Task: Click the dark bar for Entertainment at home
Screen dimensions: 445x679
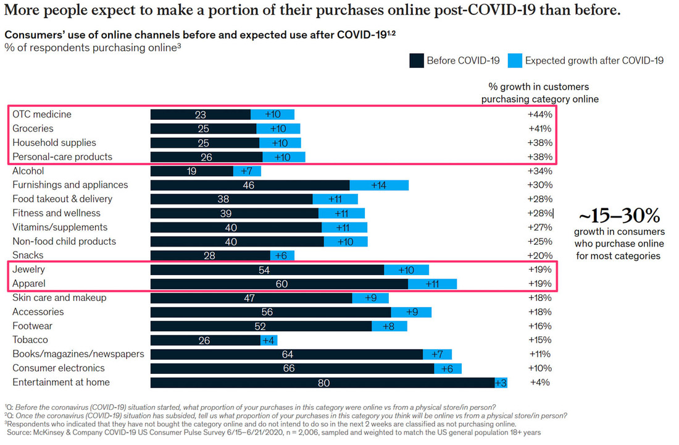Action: point(322,383)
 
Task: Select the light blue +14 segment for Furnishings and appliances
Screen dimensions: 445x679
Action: point(379,185)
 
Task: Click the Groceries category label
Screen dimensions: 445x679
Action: point(33,129)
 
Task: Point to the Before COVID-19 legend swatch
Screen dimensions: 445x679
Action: point(416,61)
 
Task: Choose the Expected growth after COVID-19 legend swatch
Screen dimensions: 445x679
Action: point(515,61)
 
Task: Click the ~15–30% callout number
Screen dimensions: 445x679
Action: point(619,216)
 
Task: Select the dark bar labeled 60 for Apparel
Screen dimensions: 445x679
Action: point(279,284)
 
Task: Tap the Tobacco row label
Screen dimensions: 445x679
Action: point(30,340)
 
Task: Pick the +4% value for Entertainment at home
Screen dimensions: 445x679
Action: point(540,383)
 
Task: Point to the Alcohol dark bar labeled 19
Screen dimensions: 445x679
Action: point(192,171)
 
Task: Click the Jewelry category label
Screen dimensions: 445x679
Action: point(28,269)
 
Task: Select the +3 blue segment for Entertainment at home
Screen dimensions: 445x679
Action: point(501,383)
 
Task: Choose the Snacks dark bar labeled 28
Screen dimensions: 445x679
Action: point(210,255)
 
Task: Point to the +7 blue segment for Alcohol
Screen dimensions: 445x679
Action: point(247,171)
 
